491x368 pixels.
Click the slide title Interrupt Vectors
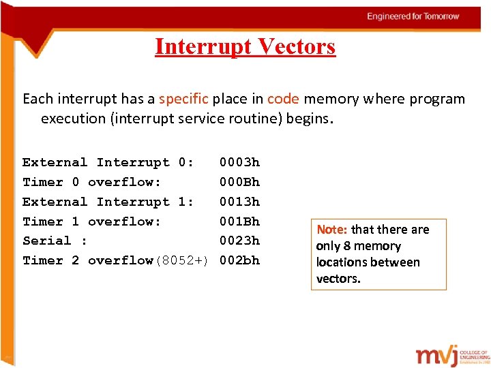[245, 46]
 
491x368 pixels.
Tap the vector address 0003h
[239, 162]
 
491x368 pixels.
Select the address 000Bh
[239, 182]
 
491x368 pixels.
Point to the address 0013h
[239, 202]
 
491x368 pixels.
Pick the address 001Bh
[239, 221]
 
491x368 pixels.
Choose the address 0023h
[239, 241]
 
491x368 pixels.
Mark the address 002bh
[239, 260]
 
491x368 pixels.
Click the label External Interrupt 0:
[108, 162]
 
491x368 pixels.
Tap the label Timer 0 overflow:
[91, 182]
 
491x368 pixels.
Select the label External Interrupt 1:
[108, 202]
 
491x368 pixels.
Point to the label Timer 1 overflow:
[91, 221]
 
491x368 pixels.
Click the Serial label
[47, 241]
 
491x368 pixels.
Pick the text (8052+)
[181, 260]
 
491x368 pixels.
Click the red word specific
[183, 99]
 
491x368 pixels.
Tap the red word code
[283, 99]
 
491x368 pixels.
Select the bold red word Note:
[332, 230]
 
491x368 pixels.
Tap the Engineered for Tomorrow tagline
[413, 16]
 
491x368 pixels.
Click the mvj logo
[441, 356]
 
